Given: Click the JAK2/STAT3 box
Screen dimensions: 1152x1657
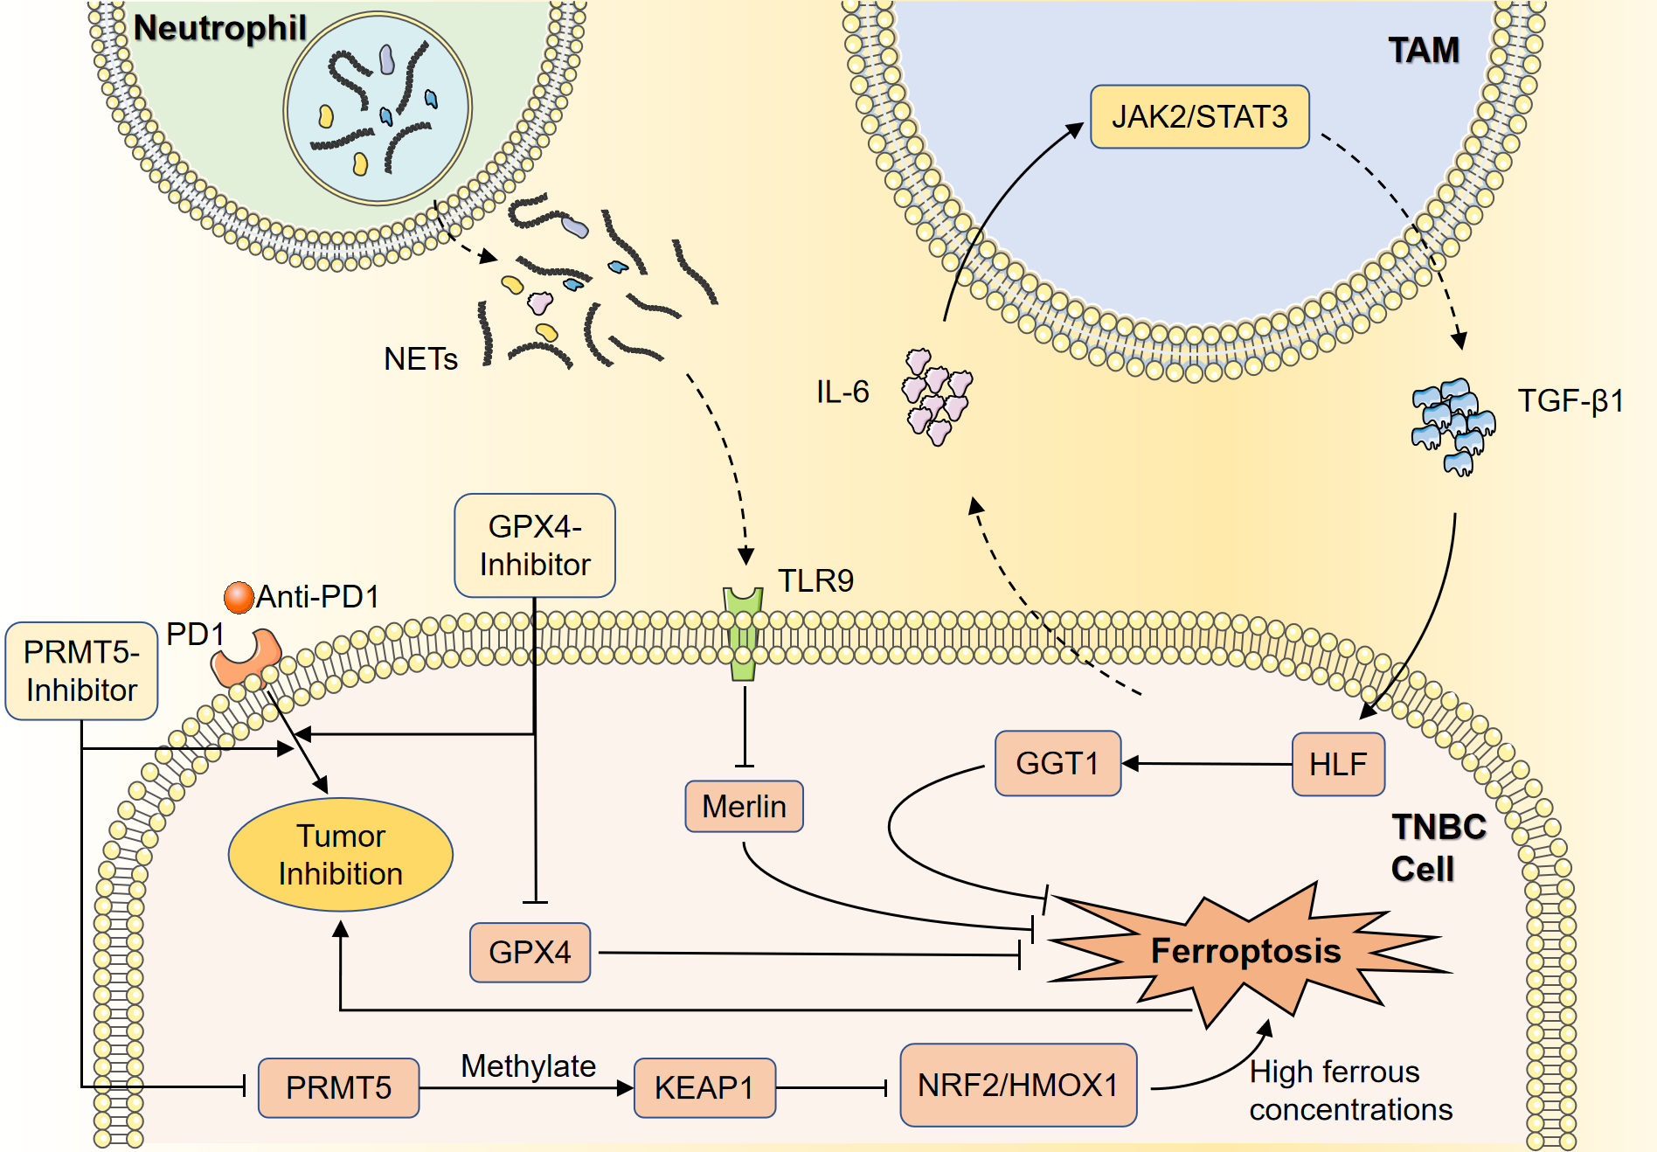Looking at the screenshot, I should click(1199, 116).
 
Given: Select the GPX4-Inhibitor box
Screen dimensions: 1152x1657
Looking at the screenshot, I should click(535, 545).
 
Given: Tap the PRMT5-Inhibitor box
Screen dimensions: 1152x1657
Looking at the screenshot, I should click(81, 671).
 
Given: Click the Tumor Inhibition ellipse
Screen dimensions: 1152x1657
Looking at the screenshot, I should click(341, 855).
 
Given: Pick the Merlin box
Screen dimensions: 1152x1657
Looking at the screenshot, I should click(744, 806).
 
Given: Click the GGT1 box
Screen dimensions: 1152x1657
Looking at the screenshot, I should click(1057, 763).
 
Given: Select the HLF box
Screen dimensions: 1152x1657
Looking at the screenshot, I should click(1337, 764).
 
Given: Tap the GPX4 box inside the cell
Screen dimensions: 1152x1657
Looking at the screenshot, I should click(530, 952).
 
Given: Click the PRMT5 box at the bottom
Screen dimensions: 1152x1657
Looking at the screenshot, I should click(338, 1087).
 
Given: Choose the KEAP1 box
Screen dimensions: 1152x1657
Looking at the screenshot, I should click(704, 1087).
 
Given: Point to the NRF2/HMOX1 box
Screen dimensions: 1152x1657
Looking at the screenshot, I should click(1018, 1085).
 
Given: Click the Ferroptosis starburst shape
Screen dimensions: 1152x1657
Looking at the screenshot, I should click(1245, 951).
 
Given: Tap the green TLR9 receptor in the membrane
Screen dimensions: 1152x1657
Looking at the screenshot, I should click(743, 634).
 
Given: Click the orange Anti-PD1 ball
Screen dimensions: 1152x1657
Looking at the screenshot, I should click(239, 598).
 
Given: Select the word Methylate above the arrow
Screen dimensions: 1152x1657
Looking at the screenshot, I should click(528, 1065).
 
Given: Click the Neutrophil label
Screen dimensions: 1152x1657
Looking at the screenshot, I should click(219, 28).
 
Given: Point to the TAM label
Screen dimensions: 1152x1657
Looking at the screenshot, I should click(1424, 50).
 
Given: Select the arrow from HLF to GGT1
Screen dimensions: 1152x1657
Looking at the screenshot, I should click(1206, 764).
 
